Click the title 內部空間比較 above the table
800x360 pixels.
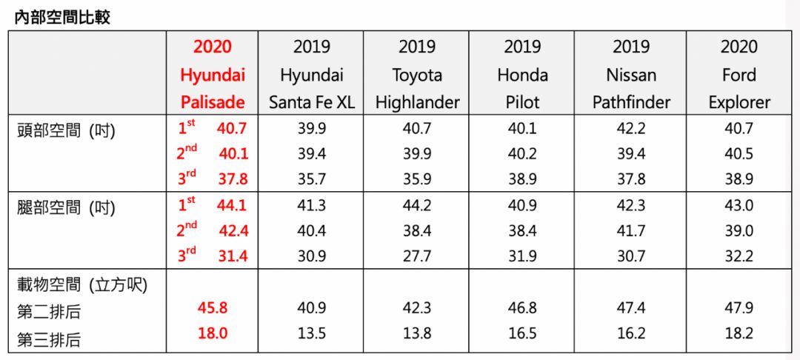point(62,17)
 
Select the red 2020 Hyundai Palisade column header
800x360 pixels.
point(213,75)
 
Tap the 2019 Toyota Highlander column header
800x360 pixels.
point(417,75)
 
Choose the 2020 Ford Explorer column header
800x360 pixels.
point(739,75)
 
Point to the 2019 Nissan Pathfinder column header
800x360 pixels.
point(630,75)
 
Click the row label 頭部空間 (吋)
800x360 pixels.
point(67,130)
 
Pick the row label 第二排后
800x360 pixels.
point(49,312)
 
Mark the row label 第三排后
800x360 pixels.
point(49,339)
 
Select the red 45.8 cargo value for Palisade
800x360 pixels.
point(213,308)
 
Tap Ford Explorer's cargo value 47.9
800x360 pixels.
point(739,308)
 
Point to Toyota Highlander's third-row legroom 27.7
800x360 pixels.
point(417,256)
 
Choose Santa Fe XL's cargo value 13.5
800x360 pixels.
point(311,334)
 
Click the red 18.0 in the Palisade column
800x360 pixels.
point(213,334)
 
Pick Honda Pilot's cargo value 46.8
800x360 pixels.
point(522,308)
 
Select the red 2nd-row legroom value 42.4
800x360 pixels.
point(233,230)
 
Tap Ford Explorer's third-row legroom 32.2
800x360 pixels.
point(739,256)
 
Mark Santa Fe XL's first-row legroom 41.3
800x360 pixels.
point(311,205)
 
